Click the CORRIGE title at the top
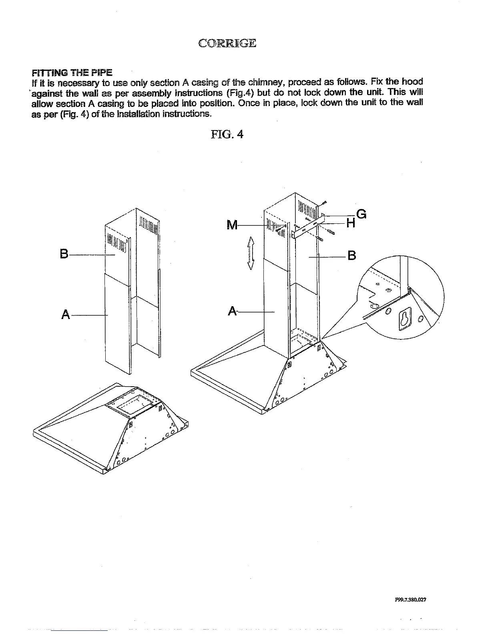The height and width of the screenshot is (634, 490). click(x=227, y=43)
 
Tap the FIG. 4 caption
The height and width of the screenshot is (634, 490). click(x=227, y=134)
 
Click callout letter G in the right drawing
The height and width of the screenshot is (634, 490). click(x=361, y=215)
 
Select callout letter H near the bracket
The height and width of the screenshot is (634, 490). click(x=351, y=223)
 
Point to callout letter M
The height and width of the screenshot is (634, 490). click(x=232, y=225)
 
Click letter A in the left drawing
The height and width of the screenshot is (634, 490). click(x=66, y=315)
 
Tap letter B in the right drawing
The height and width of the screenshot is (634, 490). click(x=351, y=255)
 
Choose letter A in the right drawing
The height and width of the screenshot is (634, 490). click(x=233, y=311)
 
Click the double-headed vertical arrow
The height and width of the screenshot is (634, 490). click(x=251, y=253)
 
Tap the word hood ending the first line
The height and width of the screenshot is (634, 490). click(x=412, y=82)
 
